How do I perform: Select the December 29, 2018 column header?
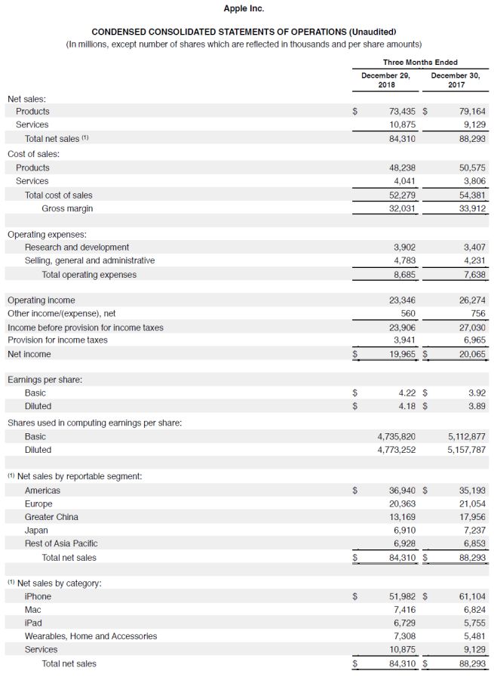(385, 80)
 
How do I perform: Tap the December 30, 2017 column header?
(455, 80)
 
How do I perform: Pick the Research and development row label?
(77, 247)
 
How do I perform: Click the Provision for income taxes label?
(57, 340)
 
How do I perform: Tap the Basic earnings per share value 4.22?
(407, 392)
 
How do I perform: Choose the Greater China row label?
(51, 517)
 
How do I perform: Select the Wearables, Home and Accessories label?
(91, 636)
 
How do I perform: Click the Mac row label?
(33, 609)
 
